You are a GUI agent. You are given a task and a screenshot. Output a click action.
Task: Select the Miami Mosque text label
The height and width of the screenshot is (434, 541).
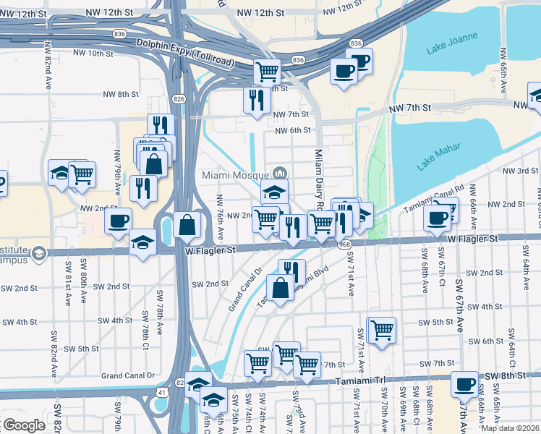[234, 174]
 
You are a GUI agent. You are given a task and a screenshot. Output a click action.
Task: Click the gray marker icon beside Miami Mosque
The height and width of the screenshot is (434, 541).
[280, 174]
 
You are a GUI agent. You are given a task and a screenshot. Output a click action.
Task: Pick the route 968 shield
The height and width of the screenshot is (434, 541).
[346, 244]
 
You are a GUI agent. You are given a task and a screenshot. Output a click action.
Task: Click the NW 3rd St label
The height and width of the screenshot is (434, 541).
[519, 170]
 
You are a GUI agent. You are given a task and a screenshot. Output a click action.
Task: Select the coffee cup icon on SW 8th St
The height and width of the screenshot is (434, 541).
[464, 384]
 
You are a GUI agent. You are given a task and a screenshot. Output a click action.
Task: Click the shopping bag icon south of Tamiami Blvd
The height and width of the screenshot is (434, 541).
[280, 287]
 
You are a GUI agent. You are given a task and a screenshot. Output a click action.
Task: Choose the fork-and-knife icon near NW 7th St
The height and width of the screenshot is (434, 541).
[255, 99]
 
